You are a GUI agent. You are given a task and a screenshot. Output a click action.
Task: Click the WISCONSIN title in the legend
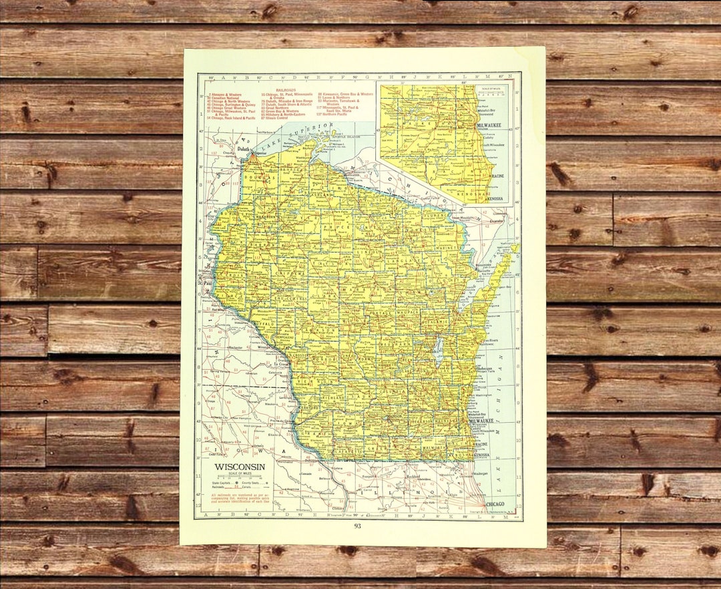240,467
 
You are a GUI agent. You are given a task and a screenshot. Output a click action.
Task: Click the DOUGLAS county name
255,178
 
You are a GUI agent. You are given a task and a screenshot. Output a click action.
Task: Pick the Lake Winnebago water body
438,350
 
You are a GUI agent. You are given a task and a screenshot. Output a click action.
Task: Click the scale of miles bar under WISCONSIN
240,477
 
